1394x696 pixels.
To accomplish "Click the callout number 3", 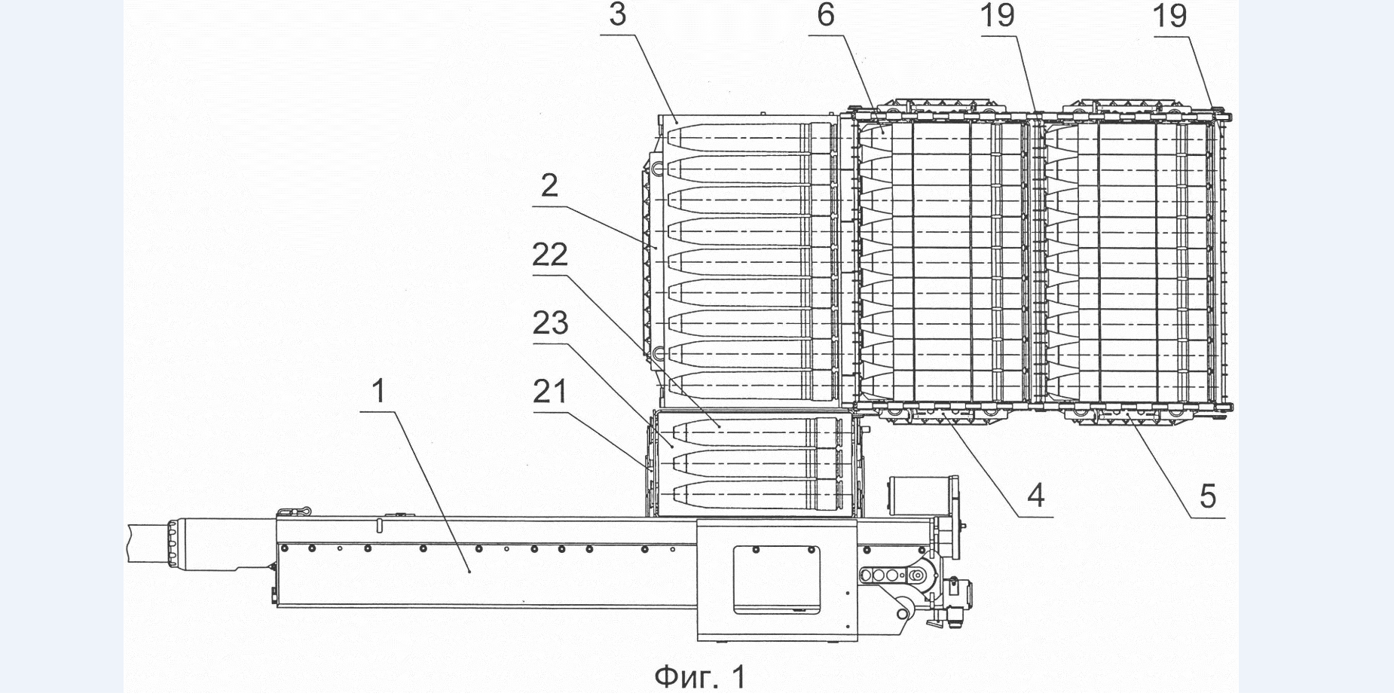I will [x=617, y=15].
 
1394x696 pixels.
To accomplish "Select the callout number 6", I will [x=826, y=15].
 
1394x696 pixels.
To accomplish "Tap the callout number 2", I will [x=549, y=185].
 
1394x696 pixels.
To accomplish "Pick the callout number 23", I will [x=550, y=323].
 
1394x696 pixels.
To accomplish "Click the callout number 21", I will [x=550, y=392].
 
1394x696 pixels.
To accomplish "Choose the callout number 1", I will [x=379, y=392].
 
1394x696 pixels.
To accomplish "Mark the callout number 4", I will [x=1037, y=496].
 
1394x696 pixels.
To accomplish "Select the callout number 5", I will [x=1207, y=496].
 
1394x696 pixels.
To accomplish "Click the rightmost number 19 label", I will [x=1170, y=16].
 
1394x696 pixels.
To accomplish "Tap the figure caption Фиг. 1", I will [x=699, y=676].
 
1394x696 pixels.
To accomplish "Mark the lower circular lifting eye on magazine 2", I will [x=657, y=352].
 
